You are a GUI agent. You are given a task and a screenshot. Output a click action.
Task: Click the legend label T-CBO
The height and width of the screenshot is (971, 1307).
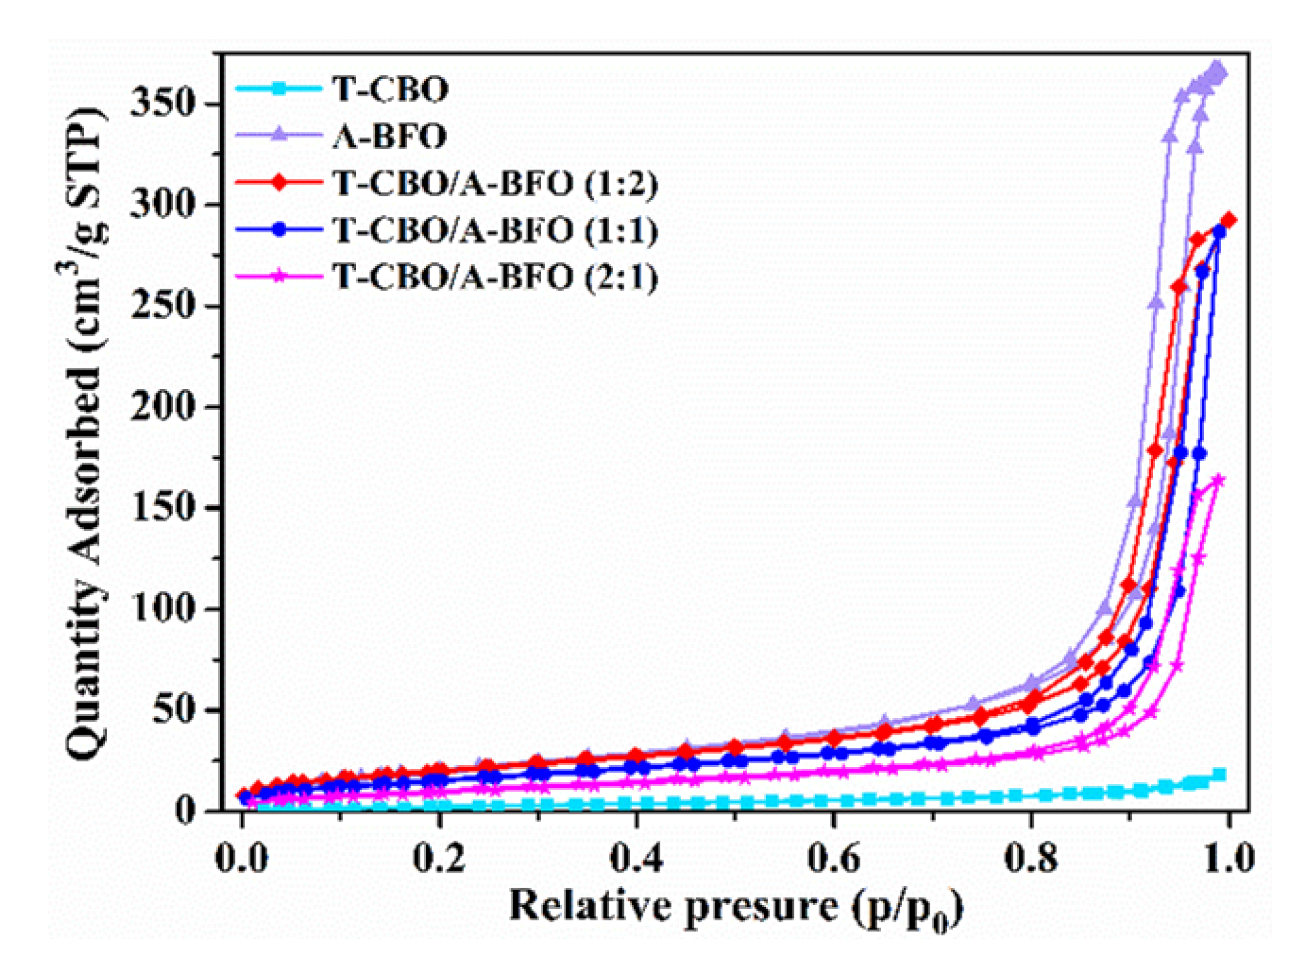pyautogui.click(x=390, y=89)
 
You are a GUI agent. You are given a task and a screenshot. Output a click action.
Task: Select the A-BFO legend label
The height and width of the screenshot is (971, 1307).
pyautogui.click(x=390, y=136)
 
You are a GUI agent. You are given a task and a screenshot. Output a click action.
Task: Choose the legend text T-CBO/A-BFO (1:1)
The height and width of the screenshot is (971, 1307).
pyautogui.click(x=495, y=230)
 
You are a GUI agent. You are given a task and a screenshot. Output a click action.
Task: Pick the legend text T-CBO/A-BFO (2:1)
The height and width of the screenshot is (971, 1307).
pyautogui.click(x=495, y=277)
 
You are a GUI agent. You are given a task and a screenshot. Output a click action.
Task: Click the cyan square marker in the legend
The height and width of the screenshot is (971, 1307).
pyautogui.click(x=279, y=89)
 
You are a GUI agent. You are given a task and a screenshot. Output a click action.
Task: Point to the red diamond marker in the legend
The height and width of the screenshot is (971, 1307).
pyautogui.click(x=279, y=183)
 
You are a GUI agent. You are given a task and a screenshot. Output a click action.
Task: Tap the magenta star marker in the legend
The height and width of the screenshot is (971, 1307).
pyautogui.click(x=279, y=277)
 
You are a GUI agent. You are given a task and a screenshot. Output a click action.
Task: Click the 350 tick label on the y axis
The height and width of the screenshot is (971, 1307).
pyautogui.click(x=162, y=104)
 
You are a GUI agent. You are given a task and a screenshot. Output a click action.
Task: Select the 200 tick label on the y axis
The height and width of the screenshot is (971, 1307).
pyautogui.click(x=162, y=407)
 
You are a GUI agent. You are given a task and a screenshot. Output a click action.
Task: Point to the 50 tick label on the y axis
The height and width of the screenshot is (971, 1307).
pyautogui.click(x=173, y=710)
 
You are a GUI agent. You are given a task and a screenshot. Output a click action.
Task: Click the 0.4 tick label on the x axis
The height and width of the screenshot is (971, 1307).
pyautogui.click(x=637, y=858)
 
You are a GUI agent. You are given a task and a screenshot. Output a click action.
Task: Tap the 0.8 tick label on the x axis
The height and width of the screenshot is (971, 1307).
pyautogui.click(x=1031, y=858)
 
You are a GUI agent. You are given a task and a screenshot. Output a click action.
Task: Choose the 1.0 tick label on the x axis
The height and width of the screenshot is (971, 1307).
pyautogui.click(x=1228, y=858)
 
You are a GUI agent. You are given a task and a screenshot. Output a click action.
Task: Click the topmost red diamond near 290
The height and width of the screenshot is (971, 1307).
pyautogui.click(x=1228, y=221)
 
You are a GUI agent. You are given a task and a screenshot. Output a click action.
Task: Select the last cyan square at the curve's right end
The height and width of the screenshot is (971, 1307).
pyautogui.click(x=1220, y=775)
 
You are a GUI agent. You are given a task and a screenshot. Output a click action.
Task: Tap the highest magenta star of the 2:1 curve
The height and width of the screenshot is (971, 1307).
pyautogui.click(x=1218, y=480)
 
